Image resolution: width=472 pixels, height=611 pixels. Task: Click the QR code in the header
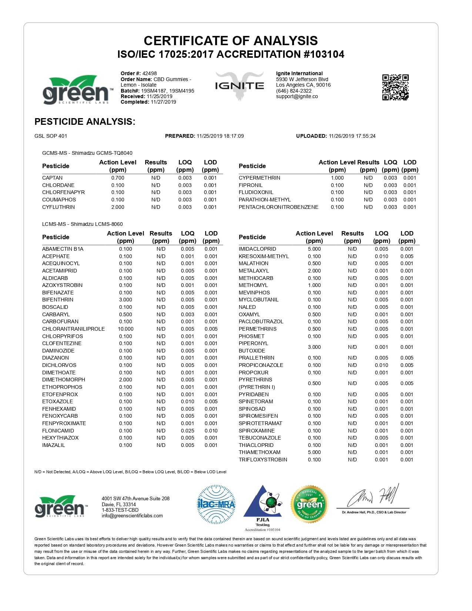tap(395, 87)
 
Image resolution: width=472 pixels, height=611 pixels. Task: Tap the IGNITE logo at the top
tap(240, 86)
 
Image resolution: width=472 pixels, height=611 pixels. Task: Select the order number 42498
tap(150, 73)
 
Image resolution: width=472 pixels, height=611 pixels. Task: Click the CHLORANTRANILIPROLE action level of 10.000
tap(125, 329)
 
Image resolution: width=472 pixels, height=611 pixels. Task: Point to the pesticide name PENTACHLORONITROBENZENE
tap(278, 207)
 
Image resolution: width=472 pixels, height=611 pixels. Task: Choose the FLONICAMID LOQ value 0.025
tap(187, 431)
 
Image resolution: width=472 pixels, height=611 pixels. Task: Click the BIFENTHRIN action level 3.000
tap(125, 300)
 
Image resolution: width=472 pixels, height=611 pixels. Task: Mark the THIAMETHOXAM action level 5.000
tap(314, 452)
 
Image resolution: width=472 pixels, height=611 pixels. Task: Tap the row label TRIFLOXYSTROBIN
tap(263, 460)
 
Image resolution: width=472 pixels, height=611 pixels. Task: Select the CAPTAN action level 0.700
tap(118, 178)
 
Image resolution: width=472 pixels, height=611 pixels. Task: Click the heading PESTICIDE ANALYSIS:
tap(85, 121)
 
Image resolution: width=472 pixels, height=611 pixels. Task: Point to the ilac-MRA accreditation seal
tap(216, 504)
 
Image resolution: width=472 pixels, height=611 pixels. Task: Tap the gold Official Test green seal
tap(309, 504)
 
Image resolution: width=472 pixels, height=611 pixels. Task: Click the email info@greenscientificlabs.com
tap(132, 515)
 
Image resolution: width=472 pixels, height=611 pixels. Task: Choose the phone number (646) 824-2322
tap(294, 91)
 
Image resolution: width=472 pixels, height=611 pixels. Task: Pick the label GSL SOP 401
tap(51, 136)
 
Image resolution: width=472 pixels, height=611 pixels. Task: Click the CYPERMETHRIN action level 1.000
tap(337, 178)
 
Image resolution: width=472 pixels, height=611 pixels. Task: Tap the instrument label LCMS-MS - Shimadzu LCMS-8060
tap(82, 224)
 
